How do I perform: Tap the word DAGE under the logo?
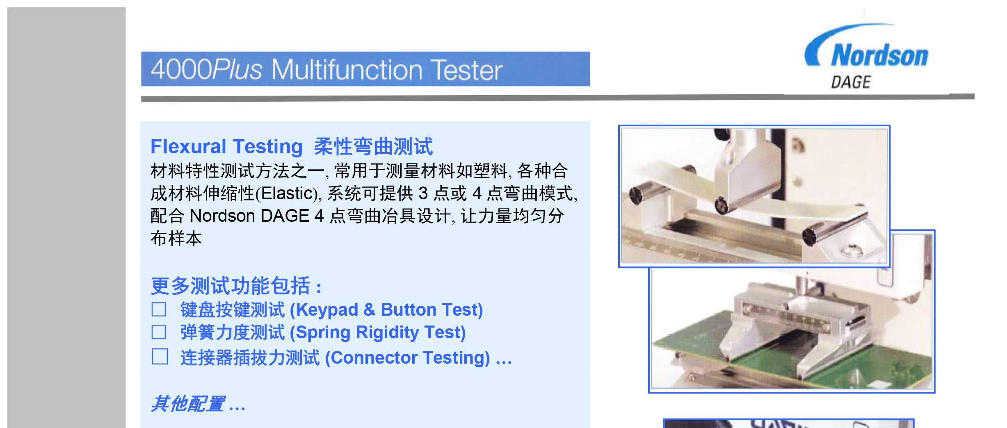(851, 82)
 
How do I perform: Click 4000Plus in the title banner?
(206, 69)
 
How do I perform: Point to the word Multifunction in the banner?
(347, 69)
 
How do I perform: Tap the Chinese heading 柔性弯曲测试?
(373, 146)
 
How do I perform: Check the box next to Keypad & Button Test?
(159, 310)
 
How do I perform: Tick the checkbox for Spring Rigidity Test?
(159, 332)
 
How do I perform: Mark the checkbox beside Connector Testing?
(160, 357)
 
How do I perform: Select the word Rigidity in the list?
(387, 332)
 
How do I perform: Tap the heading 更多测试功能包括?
(231, 286)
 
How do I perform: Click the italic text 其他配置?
(188, 404)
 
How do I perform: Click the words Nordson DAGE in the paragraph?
(249, 216)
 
